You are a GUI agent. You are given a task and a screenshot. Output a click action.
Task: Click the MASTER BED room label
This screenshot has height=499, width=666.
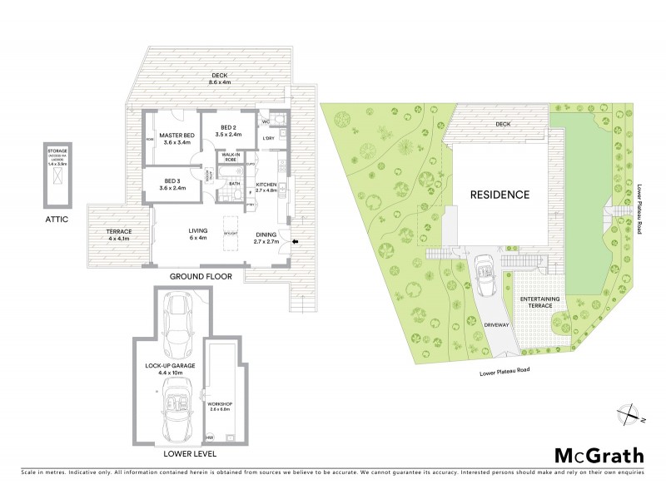click(x=176, y=139)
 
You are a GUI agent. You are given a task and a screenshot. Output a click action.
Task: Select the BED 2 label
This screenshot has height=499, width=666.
click(x=227, y=131)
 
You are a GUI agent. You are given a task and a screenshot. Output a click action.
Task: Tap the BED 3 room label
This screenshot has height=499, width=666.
click(x=172, y=184)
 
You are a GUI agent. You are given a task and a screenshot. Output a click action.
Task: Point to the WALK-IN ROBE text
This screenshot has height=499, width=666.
click(x=231, y=158)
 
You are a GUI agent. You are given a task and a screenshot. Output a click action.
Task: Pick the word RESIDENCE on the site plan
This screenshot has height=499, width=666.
click(x=500, y=195)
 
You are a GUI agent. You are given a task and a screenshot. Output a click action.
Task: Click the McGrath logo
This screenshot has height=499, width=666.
click(x=599, y=455)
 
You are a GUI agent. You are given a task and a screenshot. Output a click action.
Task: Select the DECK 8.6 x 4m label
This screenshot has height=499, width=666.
click(x=219, y=80)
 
